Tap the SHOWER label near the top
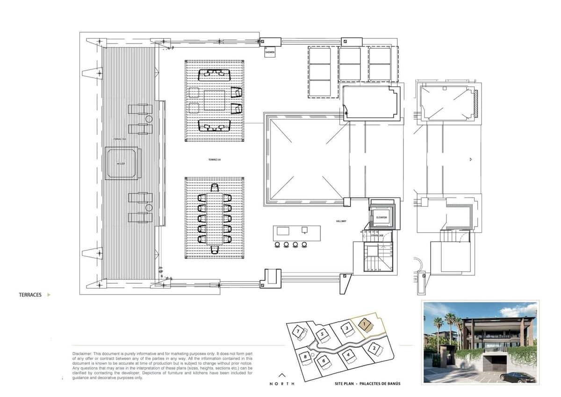click(270, 52)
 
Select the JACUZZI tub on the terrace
click(122, 163)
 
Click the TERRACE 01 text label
click(214, 160)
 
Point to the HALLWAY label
click(340, 221)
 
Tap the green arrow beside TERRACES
click(49, 295)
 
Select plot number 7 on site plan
click(298, 331)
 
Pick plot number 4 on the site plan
click(348, 355)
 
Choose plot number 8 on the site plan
click(305, 357)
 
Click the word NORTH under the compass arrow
click(282, 384)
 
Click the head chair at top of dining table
click(215, 188)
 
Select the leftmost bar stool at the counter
click(276, 244)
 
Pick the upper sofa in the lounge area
click(215, 75)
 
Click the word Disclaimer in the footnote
click(82, 353)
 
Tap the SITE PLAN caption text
click(367, 384)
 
